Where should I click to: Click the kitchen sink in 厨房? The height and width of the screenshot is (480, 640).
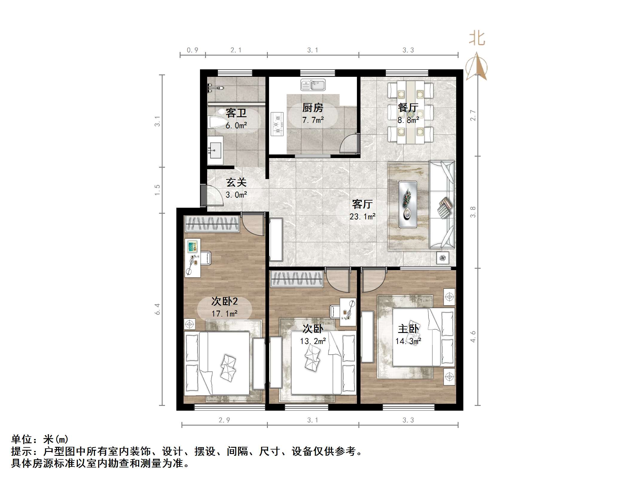point(313,85)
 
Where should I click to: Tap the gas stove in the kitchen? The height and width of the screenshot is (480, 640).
point(277,124)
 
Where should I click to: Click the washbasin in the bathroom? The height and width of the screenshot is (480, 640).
point(215,151)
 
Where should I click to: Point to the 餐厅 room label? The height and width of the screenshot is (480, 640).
point(408,108)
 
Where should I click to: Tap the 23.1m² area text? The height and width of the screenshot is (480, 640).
point(362,216)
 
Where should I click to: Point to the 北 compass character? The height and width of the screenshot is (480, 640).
point(477,39)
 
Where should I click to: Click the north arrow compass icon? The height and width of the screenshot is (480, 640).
point(476,67)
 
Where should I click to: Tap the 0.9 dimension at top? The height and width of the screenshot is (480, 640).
point(193,50)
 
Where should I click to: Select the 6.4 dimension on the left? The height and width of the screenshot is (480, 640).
point(158,309)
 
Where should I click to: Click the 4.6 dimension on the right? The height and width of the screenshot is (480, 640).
point(473,337)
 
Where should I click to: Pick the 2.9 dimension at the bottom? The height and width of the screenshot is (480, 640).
point(224,420)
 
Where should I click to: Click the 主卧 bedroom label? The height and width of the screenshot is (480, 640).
point(408,329)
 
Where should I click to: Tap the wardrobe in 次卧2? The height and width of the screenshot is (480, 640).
point(212,224)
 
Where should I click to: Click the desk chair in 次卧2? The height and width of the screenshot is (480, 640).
point(205,258)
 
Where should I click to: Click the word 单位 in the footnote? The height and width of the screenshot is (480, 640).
point(22,439)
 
